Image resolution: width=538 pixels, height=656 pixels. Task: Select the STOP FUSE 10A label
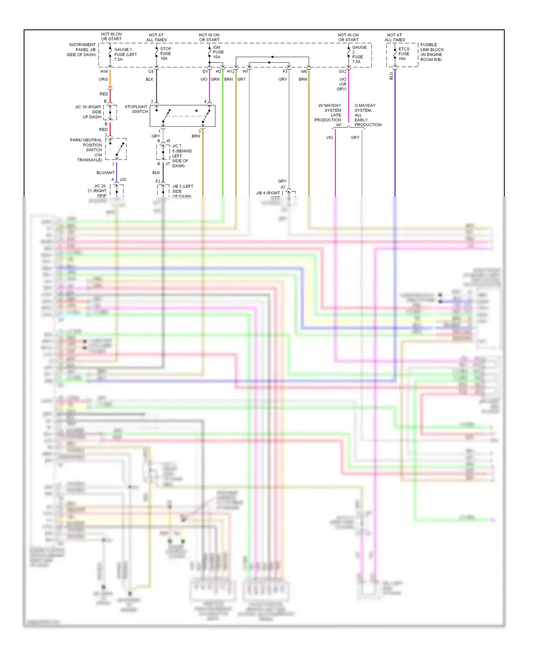(x=165, y=53)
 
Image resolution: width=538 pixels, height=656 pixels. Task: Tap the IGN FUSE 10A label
(x=218, y=52)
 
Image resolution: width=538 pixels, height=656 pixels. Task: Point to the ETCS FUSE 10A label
(x=403, y=54)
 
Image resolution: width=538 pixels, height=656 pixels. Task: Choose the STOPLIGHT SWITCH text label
(x=136, y=109)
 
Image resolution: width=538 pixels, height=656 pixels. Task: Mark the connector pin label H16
(x=104, y=71)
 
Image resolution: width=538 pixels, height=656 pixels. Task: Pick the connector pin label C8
(x=151, y=71)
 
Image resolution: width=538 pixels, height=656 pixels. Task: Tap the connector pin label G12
(x=343, y=71)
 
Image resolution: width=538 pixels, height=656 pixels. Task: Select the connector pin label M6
(x=304, y=71)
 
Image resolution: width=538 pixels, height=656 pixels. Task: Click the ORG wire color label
(x=103, y=79)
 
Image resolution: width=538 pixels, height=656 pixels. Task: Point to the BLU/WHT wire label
(x=105, y=173)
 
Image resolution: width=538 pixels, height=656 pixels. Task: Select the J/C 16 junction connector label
(x=89, y=112)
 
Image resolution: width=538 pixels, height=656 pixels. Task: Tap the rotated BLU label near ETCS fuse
(x=391, y=76)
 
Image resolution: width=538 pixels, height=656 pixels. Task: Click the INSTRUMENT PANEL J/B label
(x=82, y=50)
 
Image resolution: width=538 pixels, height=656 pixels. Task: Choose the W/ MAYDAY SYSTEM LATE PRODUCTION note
(x=328, y=113)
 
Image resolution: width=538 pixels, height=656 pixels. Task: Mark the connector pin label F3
(x=285, y=71)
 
